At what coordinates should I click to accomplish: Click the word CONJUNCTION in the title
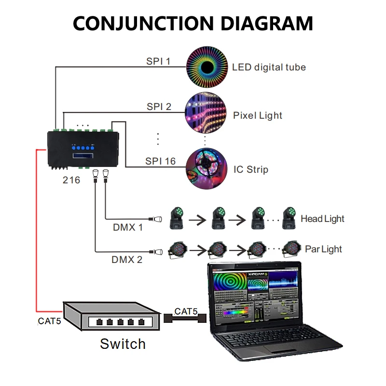(139, 23)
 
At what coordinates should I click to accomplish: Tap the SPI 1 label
(158, 61)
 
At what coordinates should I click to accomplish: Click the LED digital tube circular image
(207, 67)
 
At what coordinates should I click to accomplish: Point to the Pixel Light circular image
(206, 114)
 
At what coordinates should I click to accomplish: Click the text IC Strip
(250, 169)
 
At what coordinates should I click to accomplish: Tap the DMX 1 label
(126, 227)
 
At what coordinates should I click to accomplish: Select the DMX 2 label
(127, 260)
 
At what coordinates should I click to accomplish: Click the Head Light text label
(322, 219)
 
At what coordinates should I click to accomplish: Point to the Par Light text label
(323, 249)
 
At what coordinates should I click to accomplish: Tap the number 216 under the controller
(70, 180)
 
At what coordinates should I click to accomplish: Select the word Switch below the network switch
(123, 344)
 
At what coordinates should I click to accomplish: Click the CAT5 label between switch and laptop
(186, 311)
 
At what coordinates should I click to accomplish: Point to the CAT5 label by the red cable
(49, 320)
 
